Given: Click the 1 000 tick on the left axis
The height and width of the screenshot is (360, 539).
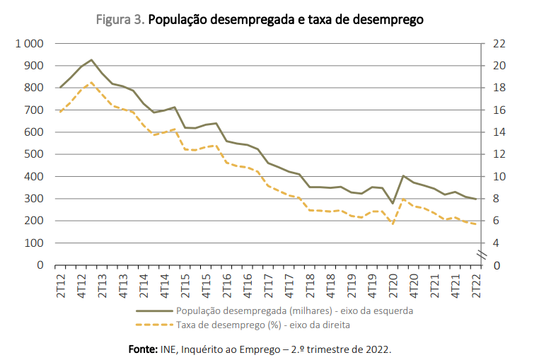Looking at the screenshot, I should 28,44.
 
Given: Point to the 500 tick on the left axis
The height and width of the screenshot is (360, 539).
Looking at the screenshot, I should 34,154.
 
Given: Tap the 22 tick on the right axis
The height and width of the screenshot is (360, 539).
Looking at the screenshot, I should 498,44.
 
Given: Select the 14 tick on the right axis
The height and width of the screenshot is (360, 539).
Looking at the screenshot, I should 498,132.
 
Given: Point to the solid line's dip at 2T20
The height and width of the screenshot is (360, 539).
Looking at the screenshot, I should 393,204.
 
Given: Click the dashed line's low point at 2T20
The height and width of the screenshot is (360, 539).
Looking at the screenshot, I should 393,224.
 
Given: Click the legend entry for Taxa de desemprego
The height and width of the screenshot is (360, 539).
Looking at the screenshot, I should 262,325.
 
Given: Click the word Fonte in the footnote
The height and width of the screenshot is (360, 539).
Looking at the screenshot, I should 143,349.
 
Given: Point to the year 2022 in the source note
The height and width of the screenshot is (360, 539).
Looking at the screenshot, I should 378,349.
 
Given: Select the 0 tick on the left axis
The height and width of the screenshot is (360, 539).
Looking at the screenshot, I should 40,265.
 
